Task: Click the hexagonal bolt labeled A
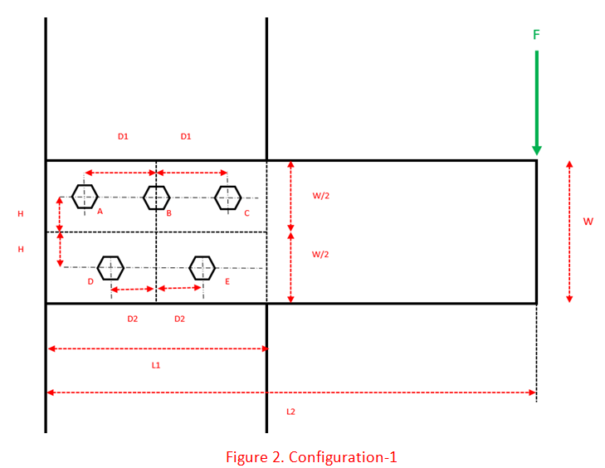point(85,197)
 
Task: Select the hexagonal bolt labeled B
point(156,197)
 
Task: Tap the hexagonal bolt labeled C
point(227,197)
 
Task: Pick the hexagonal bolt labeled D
point(110,267)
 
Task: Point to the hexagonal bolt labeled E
point(202,267)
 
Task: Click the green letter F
point(536,35)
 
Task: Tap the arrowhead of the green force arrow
point(536,149)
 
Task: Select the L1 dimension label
point(156,365)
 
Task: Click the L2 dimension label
point(290,411)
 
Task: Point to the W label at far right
point(588,222)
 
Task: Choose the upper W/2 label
point(321,197)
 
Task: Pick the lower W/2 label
point(321,255)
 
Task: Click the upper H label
point(21,214)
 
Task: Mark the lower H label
point(21,249)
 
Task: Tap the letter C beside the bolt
point(246,213)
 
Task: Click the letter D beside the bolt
point(90,282)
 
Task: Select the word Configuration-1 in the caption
point(348,457)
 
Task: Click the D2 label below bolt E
point(179,319)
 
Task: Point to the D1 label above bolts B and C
point(186,136)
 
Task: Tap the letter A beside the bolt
point(100,212)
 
